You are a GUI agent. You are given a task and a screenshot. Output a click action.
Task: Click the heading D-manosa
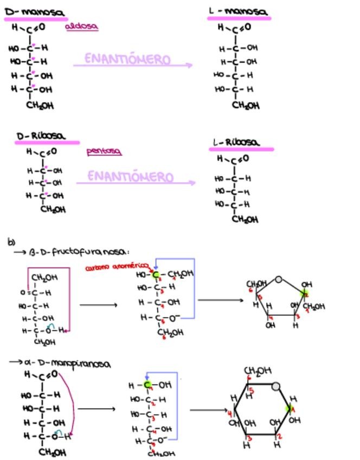(x=34, y=12)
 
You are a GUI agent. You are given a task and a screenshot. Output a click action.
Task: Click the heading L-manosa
(x=238, y=11)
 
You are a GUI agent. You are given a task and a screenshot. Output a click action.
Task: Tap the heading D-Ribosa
(x=41, y=136)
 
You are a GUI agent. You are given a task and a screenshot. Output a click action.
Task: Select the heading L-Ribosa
(x=236, y=142)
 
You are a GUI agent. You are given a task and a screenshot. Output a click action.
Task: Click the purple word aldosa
(x=82, y=26)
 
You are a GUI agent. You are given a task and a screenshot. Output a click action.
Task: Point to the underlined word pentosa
(x=104, y=151)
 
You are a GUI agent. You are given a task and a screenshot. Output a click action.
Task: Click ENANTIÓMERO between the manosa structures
(x=127, y=59)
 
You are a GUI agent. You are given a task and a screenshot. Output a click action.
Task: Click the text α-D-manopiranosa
(x=68, y=363)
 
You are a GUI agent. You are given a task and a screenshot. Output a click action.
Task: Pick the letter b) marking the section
(x=11, y=242)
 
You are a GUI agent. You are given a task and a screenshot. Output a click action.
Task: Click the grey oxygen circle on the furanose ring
(x=279, y=279)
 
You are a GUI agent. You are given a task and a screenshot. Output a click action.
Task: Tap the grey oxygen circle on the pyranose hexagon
(x=276, y=386)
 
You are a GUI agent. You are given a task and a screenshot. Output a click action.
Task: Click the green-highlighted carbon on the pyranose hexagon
(x=290, y=408)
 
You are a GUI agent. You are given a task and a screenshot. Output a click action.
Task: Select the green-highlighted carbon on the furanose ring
(x=304, y=293)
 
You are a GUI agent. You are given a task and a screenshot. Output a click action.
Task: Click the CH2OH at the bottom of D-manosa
(x=40, y=106)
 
